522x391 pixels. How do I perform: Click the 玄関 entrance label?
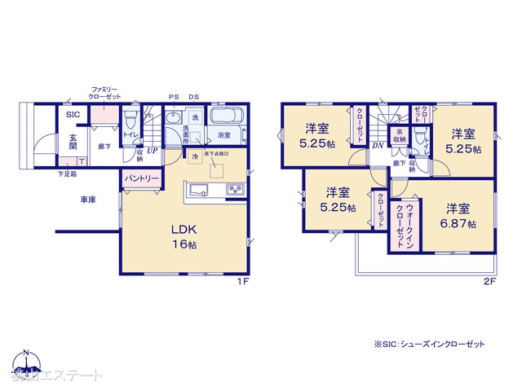point(72,141)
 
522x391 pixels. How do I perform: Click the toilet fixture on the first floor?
point(130,121)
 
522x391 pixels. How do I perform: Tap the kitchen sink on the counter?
point(199,191)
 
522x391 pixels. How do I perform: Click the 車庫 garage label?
point(89,200)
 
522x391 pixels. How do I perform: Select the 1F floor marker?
point(242,282)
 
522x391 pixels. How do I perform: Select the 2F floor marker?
point(489,282)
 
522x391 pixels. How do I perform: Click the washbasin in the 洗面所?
point(172,120)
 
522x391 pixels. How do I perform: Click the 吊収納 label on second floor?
point(400,137)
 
